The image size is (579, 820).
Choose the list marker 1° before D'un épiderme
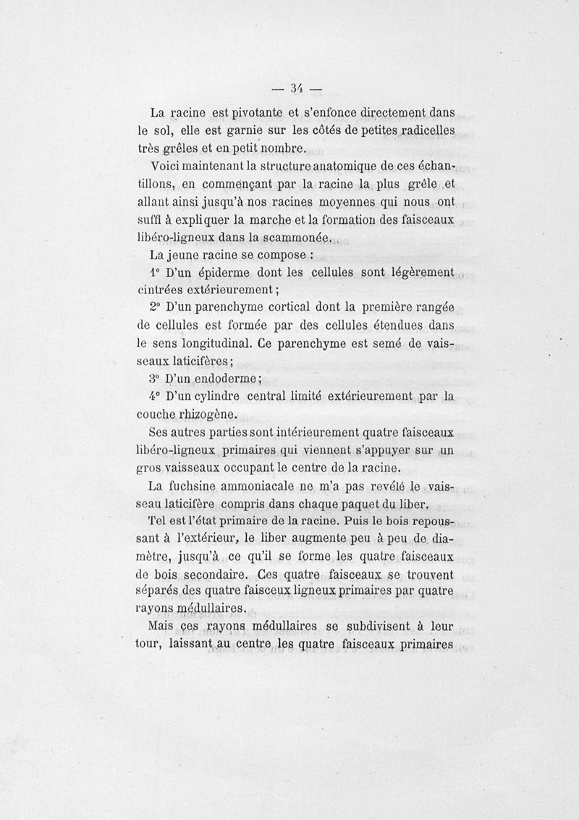152,272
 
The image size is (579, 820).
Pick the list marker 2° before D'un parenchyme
152,308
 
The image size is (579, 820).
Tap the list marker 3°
152,378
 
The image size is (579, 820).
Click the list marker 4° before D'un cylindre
152,396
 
